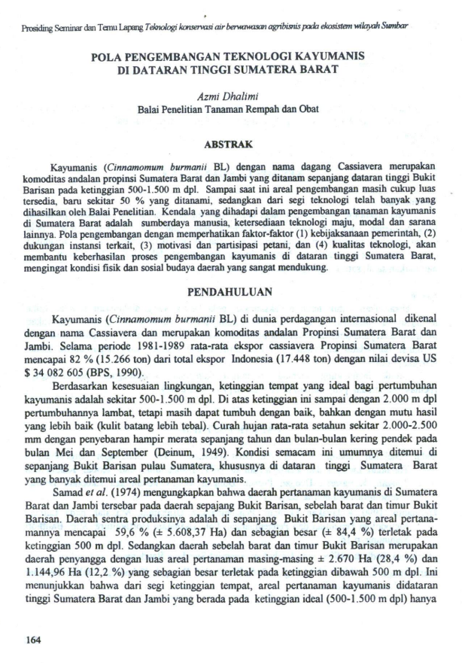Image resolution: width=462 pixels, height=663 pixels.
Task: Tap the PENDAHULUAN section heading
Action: coord(231,290)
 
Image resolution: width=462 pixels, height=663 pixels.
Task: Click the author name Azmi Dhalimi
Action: coord(230,96)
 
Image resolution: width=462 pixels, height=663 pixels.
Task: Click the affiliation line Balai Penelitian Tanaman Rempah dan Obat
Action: coord(230,109)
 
